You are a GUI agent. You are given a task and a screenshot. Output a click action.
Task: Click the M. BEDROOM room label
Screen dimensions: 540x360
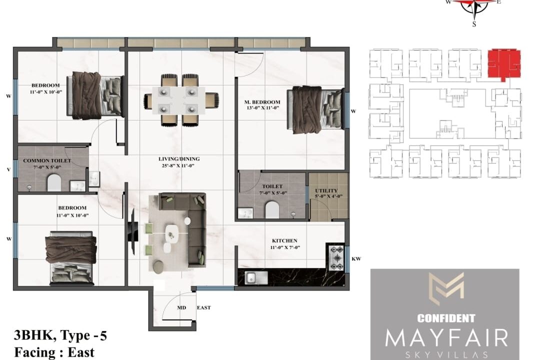[x=262, y=102]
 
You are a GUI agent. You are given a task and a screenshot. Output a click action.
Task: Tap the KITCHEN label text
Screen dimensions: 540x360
[x=284, y=241]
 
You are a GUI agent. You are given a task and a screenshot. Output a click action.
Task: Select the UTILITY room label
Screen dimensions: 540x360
[x=326, y=190]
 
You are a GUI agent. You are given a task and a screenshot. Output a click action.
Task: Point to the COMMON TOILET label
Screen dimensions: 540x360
[x=47, y=160]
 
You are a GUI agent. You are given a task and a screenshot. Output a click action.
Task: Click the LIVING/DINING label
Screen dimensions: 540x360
[x=178, y=159]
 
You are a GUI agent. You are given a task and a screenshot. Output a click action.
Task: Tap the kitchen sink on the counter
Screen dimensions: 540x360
[x=256, y=277]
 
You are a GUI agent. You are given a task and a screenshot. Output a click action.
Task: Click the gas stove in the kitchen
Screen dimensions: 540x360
[x=335, y=257]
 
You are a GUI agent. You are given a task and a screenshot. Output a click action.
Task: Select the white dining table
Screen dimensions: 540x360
[x=178, y=100]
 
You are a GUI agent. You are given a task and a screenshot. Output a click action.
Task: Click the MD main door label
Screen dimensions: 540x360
[x=181, y=307]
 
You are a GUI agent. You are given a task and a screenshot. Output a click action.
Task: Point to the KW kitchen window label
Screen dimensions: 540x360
[x=356, y=258]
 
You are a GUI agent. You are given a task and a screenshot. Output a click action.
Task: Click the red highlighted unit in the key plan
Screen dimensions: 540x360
[x=504, y=64]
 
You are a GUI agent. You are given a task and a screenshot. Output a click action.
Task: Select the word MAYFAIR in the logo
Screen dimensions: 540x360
[x=446, y=338]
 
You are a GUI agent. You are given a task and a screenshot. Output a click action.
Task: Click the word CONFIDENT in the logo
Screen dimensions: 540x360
[x=446, y=318]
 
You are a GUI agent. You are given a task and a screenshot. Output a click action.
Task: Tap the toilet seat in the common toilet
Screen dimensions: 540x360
[x=54, y=182]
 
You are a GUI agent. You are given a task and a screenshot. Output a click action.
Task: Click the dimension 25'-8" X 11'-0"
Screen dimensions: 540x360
[x=178, y=165]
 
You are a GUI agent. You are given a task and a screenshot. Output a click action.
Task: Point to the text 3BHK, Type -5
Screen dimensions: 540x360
[x=60, y=335]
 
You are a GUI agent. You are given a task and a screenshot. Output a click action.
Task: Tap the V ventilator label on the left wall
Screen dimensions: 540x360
[x=8, y=169]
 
